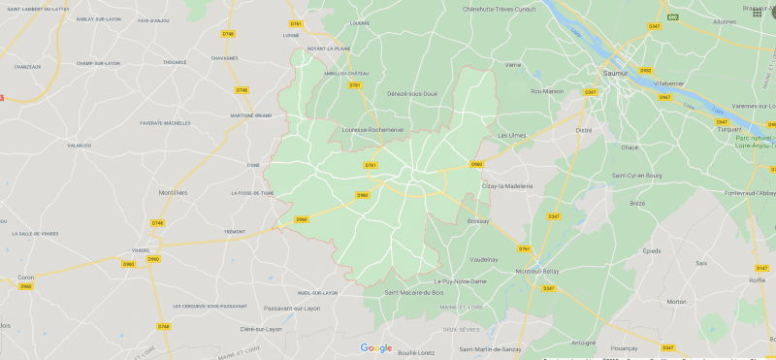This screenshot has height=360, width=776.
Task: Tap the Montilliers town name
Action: [172, 192]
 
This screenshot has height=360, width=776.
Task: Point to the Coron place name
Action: [25, 277]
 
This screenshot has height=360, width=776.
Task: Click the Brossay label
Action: [477, 220]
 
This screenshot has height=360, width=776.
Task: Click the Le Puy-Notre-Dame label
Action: [460, 281]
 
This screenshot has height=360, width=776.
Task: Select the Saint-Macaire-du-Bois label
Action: [414, 292]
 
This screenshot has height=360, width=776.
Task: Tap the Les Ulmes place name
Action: [511, 135]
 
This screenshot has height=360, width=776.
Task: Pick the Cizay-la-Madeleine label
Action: [507, 185]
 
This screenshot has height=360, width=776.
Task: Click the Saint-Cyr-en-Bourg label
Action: [636, 175]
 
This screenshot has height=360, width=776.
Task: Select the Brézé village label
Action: [637, 203]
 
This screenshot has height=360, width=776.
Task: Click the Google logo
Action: [376, 347]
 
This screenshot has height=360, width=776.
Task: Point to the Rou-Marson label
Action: [547, 91]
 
